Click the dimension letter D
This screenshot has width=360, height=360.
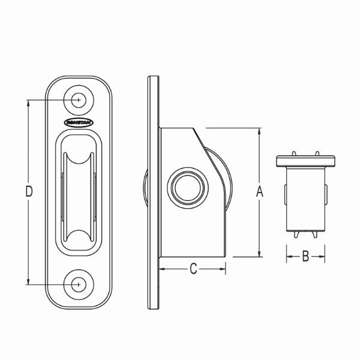click(x=29, y=191)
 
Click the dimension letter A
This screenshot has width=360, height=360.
click(x=259, y=191)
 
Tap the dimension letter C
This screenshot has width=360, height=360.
click(x=193, y=269)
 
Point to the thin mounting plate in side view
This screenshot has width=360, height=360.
click(x=154, y=192)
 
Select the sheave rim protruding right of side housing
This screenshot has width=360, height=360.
click(x=229, y=180)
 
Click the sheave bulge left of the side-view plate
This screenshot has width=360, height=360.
click(x=146, y=192)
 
